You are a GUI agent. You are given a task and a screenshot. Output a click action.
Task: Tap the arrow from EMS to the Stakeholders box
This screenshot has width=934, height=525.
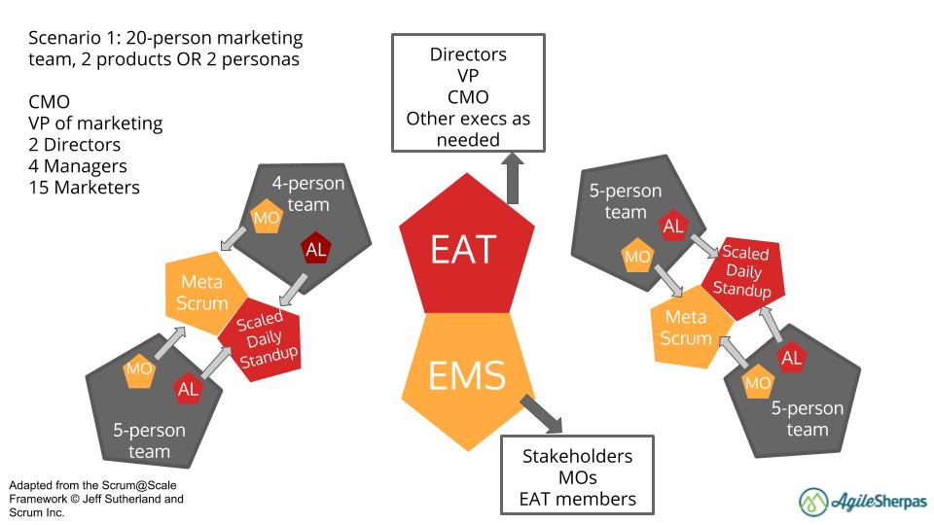pos(541,411)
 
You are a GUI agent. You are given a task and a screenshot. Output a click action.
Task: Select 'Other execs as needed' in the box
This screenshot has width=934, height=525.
pos(467,129)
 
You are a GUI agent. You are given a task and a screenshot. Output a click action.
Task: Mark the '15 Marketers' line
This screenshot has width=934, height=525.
pos(84,187)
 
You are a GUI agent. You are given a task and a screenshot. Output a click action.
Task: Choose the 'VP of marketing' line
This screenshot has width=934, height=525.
pos(95,123)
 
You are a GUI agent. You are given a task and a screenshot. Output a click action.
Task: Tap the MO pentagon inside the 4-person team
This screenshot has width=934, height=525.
pos(267,218)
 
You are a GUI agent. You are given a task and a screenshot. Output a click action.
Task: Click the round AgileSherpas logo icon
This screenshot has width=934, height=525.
pos(813,501)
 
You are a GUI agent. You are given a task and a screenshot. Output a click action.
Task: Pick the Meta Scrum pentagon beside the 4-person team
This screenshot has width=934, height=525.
pos(200,292)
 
